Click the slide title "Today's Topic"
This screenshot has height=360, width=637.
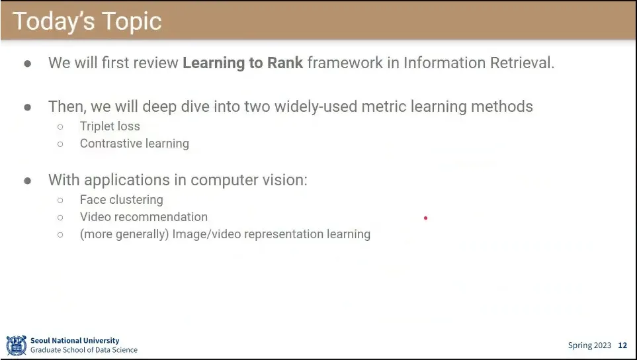pos(87,21)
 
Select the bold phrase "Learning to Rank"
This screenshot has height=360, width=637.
pos(243,63)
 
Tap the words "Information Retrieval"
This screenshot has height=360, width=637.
pos(478,63)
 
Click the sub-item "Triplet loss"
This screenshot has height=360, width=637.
pos(110,126)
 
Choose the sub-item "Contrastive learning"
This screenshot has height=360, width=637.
pos(134,144)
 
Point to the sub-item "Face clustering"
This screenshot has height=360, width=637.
pos(122,200)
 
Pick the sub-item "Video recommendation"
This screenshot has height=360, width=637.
pos(144,217)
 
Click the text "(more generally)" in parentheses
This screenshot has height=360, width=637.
pos(124,234)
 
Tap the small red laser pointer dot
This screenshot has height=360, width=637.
pos(425,218)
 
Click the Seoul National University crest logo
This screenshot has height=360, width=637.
pos(17,345)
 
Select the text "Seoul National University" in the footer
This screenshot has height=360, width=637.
pos(75,341)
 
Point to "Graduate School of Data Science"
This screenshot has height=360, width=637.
pos(84,350)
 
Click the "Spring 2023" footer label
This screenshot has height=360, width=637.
pos(589,345)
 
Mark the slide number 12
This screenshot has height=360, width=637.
pos(622,345)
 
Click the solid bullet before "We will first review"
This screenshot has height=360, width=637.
pos(28,64)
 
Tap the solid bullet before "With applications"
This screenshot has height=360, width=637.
pos(28,181)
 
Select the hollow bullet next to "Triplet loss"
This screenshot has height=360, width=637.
pos(61,127)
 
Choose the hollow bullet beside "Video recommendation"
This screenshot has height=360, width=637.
pos(61,217)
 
